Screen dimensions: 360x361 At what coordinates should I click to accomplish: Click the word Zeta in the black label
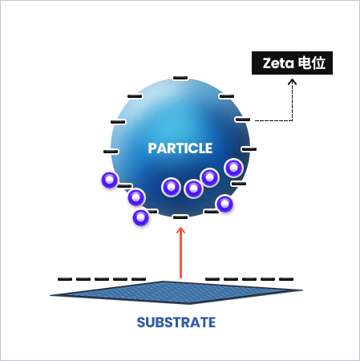pos(278,63)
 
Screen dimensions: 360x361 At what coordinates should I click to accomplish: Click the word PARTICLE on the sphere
pos(180,148)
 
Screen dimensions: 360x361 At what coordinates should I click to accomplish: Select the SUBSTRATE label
pos(176,322)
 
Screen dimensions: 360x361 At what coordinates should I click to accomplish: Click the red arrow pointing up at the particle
pos(181,253)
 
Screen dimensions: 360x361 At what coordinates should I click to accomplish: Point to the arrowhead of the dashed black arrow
pos(292,82)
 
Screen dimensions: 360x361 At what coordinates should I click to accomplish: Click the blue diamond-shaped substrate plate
pos(176,293)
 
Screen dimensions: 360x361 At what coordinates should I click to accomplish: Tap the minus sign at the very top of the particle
pos(180,78)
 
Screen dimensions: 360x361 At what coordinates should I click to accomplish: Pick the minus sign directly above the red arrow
pos(180,217)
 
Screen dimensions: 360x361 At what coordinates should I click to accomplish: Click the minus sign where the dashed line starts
pos(243,120)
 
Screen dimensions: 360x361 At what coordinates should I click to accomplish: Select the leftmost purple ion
pos(109,180)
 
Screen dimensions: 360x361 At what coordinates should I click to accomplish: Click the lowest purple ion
pos(140,217)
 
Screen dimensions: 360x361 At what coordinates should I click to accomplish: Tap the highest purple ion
pos(234,168)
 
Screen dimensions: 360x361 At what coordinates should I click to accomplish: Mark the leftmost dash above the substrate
pos(65,279)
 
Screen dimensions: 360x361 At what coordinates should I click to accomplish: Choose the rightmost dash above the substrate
pos(286,279)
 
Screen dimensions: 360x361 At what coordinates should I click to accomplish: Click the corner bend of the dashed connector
pos(292,120)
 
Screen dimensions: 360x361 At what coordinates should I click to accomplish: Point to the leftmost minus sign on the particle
pos(111,152)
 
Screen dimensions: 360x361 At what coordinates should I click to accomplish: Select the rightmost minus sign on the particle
pos(249,149)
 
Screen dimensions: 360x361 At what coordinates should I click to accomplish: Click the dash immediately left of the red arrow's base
pos(139,279)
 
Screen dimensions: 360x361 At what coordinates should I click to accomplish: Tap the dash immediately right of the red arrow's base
pos(212,279)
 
